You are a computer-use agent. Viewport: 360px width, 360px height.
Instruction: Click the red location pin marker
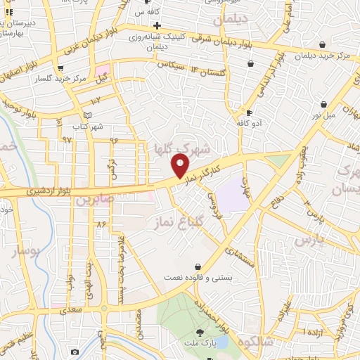181,166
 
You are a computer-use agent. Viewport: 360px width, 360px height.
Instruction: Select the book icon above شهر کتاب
87,115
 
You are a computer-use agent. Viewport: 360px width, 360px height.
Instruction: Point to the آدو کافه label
250,122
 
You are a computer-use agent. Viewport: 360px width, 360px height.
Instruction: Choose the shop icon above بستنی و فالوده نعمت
198,266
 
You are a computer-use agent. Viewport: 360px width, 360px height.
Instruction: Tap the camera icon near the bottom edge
75,351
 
